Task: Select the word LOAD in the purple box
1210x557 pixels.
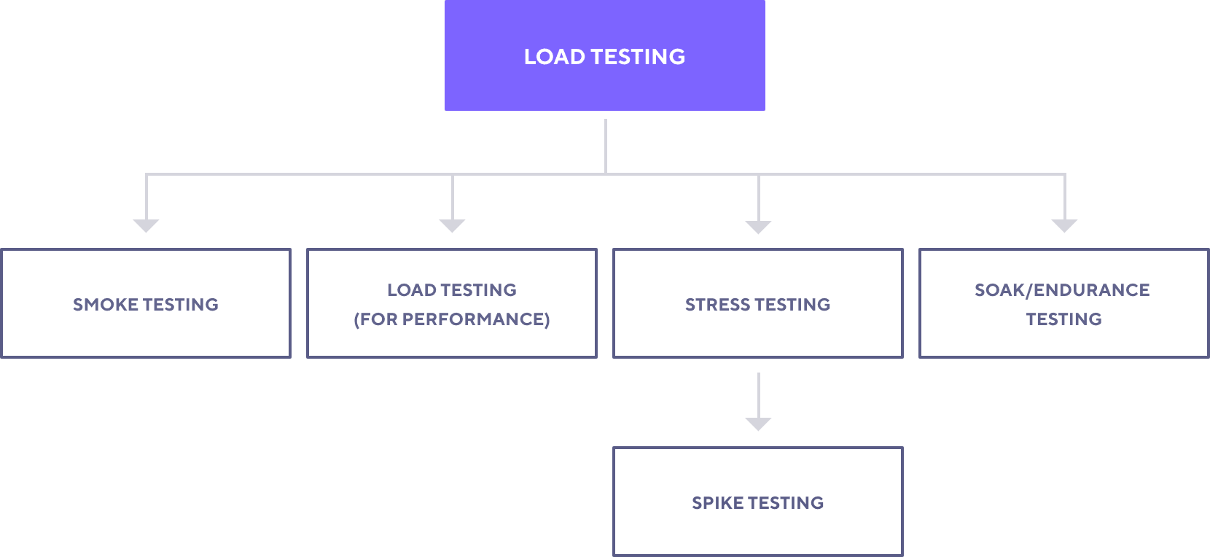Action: click(x=554, y=57)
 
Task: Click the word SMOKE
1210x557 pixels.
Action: click(x=105, y=305)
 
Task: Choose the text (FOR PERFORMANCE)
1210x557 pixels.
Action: click(x=452, y=319)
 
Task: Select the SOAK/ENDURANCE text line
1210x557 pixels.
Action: click(x=1063, y=290)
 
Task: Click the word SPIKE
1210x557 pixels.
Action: click(x=717, y=503)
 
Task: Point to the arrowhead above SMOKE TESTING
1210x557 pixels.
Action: click(x=147, y=226)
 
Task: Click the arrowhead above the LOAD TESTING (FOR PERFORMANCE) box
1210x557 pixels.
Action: click(x=453, y=226)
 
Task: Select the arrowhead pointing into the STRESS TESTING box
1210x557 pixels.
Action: click(x=759, y=227)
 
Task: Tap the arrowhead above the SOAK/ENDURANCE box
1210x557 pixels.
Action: click(x=1065, y=226)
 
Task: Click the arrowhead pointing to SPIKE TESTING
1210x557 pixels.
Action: click(x=759, y=424)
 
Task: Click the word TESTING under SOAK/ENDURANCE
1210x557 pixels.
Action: click(x=1064, y=319)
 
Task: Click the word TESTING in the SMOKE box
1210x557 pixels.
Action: click(x=181, y=305)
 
